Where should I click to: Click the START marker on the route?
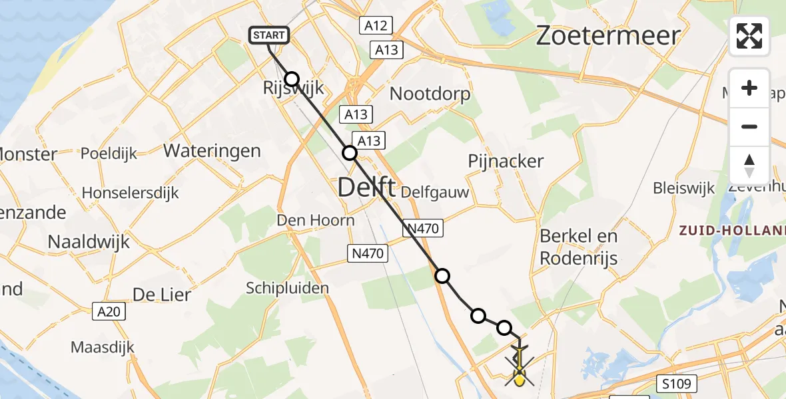click(269, 35)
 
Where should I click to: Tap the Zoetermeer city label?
click(608, 35)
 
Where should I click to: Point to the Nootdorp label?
click(430, 94)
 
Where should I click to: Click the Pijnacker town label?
click(506, 161)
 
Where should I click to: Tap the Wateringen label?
click(212, 151)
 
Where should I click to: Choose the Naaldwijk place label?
click(89, 241)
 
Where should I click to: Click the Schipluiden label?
click(288, 288)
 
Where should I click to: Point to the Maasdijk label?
click(103, 347)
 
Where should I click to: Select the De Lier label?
click(162, 294)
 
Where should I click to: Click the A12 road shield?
click(376, 26)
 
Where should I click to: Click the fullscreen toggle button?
click(749, 36)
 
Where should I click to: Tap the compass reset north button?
click(749, 165)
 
